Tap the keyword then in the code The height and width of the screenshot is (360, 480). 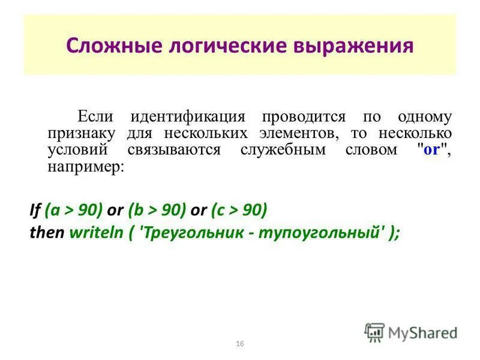[x=47, y=233]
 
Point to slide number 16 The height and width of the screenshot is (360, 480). [x=240, y=343]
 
